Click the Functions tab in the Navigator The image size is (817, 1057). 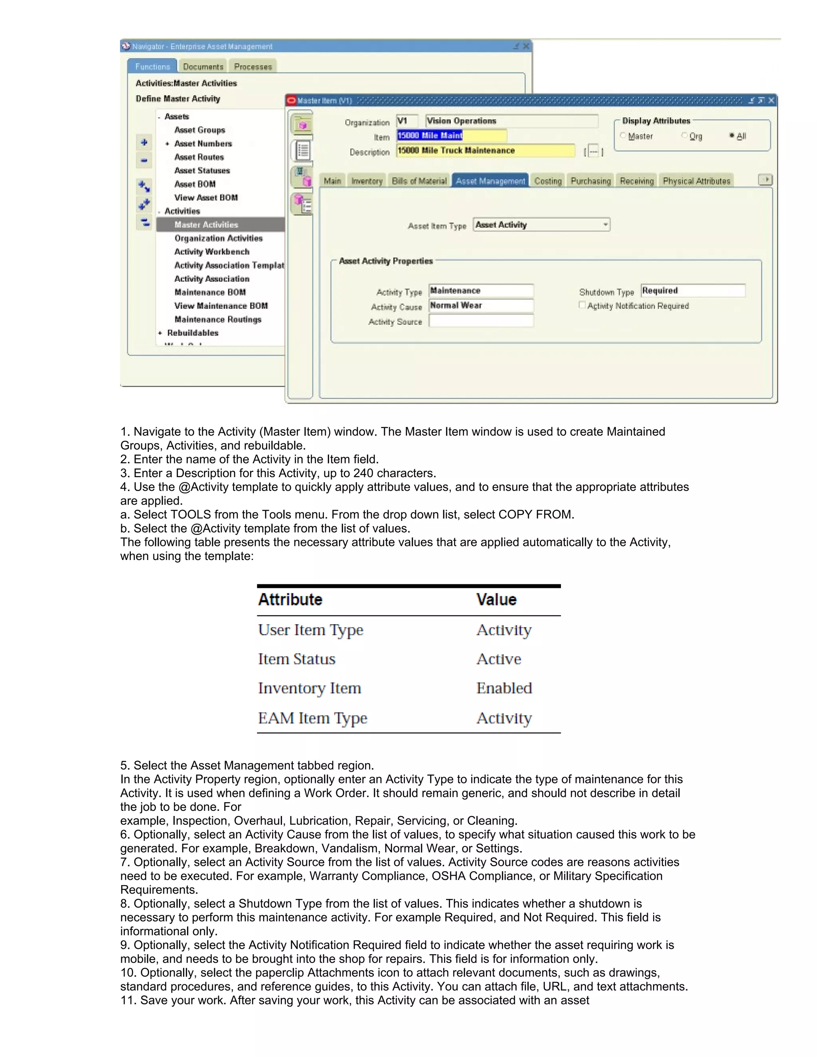coord(152,67)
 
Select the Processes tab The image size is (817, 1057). coord(253,67)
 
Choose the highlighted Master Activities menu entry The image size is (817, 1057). coord(206,225)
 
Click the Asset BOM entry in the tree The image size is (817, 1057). coord(195,184)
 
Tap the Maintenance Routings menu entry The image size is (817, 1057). coord(218,319)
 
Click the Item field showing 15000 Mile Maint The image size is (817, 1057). coord(451,136)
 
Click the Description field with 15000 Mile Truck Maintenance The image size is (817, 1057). coord(485,150)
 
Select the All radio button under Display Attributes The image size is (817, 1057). coord(732,136)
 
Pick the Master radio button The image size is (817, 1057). coord(624,136)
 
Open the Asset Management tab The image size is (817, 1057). coord(490,181)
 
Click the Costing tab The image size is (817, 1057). coord(548,181)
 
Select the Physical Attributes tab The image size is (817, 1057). coord(696,181)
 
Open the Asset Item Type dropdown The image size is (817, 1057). coord(605,225)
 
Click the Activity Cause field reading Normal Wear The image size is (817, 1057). coord(481,306)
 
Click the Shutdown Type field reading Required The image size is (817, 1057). coord(693,290)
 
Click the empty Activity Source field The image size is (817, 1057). coord(481,321)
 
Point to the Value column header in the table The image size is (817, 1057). coord(496,599)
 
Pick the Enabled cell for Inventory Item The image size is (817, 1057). coord(504,688)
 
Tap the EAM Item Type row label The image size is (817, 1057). coord(312,718)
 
